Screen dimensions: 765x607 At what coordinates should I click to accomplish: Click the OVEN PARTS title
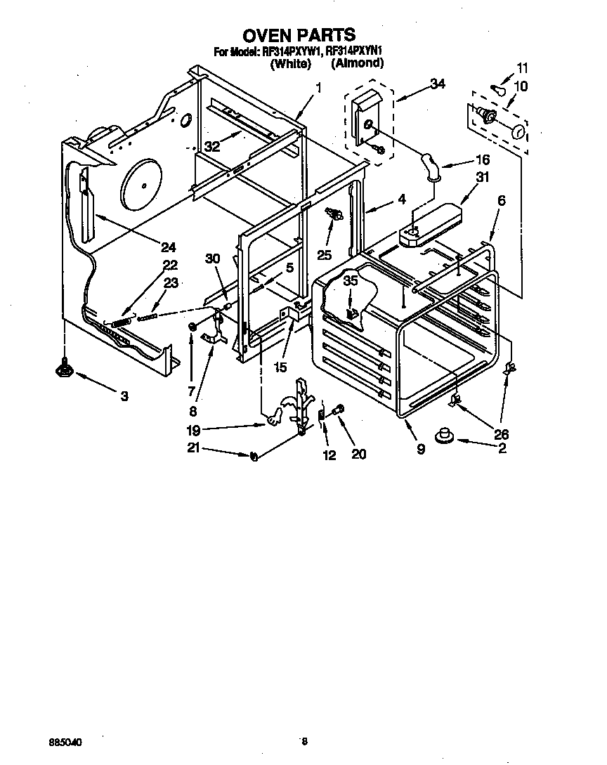299,34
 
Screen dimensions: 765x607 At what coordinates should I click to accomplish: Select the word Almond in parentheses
358,63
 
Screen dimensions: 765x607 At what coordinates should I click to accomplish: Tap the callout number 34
437,84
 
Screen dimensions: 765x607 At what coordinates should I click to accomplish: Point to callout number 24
167,247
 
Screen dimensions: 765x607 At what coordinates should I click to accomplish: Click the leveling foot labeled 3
65,367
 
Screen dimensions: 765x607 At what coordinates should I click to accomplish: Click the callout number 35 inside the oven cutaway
349,280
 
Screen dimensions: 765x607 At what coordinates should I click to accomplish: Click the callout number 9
420,450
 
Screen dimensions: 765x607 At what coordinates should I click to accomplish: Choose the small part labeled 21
254,456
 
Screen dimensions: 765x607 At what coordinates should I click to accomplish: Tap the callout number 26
501,434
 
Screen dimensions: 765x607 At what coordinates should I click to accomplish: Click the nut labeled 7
192,327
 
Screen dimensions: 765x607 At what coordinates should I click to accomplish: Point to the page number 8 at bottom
304,740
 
